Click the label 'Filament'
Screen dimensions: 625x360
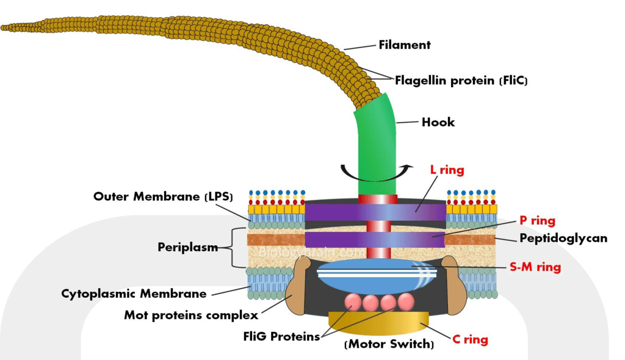click(405, 45)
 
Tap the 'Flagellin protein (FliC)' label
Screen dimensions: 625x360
click(461, 80)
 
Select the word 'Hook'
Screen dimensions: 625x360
click(438, 122)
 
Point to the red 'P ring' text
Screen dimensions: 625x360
click(537, 221)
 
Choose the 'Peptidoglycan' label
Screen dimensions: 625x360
click(563, 238)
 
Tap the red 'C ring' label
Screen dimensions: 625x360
click(470, 339)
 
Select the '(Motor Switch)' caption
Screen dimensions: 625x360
click(389, 345)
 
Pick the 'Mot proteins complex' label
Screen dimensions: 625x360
click(191, 315)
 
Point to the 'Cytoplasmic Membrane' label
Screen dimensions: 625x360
click(134, 293)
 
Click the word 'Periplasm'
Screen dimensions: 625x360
click(188, 247)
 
